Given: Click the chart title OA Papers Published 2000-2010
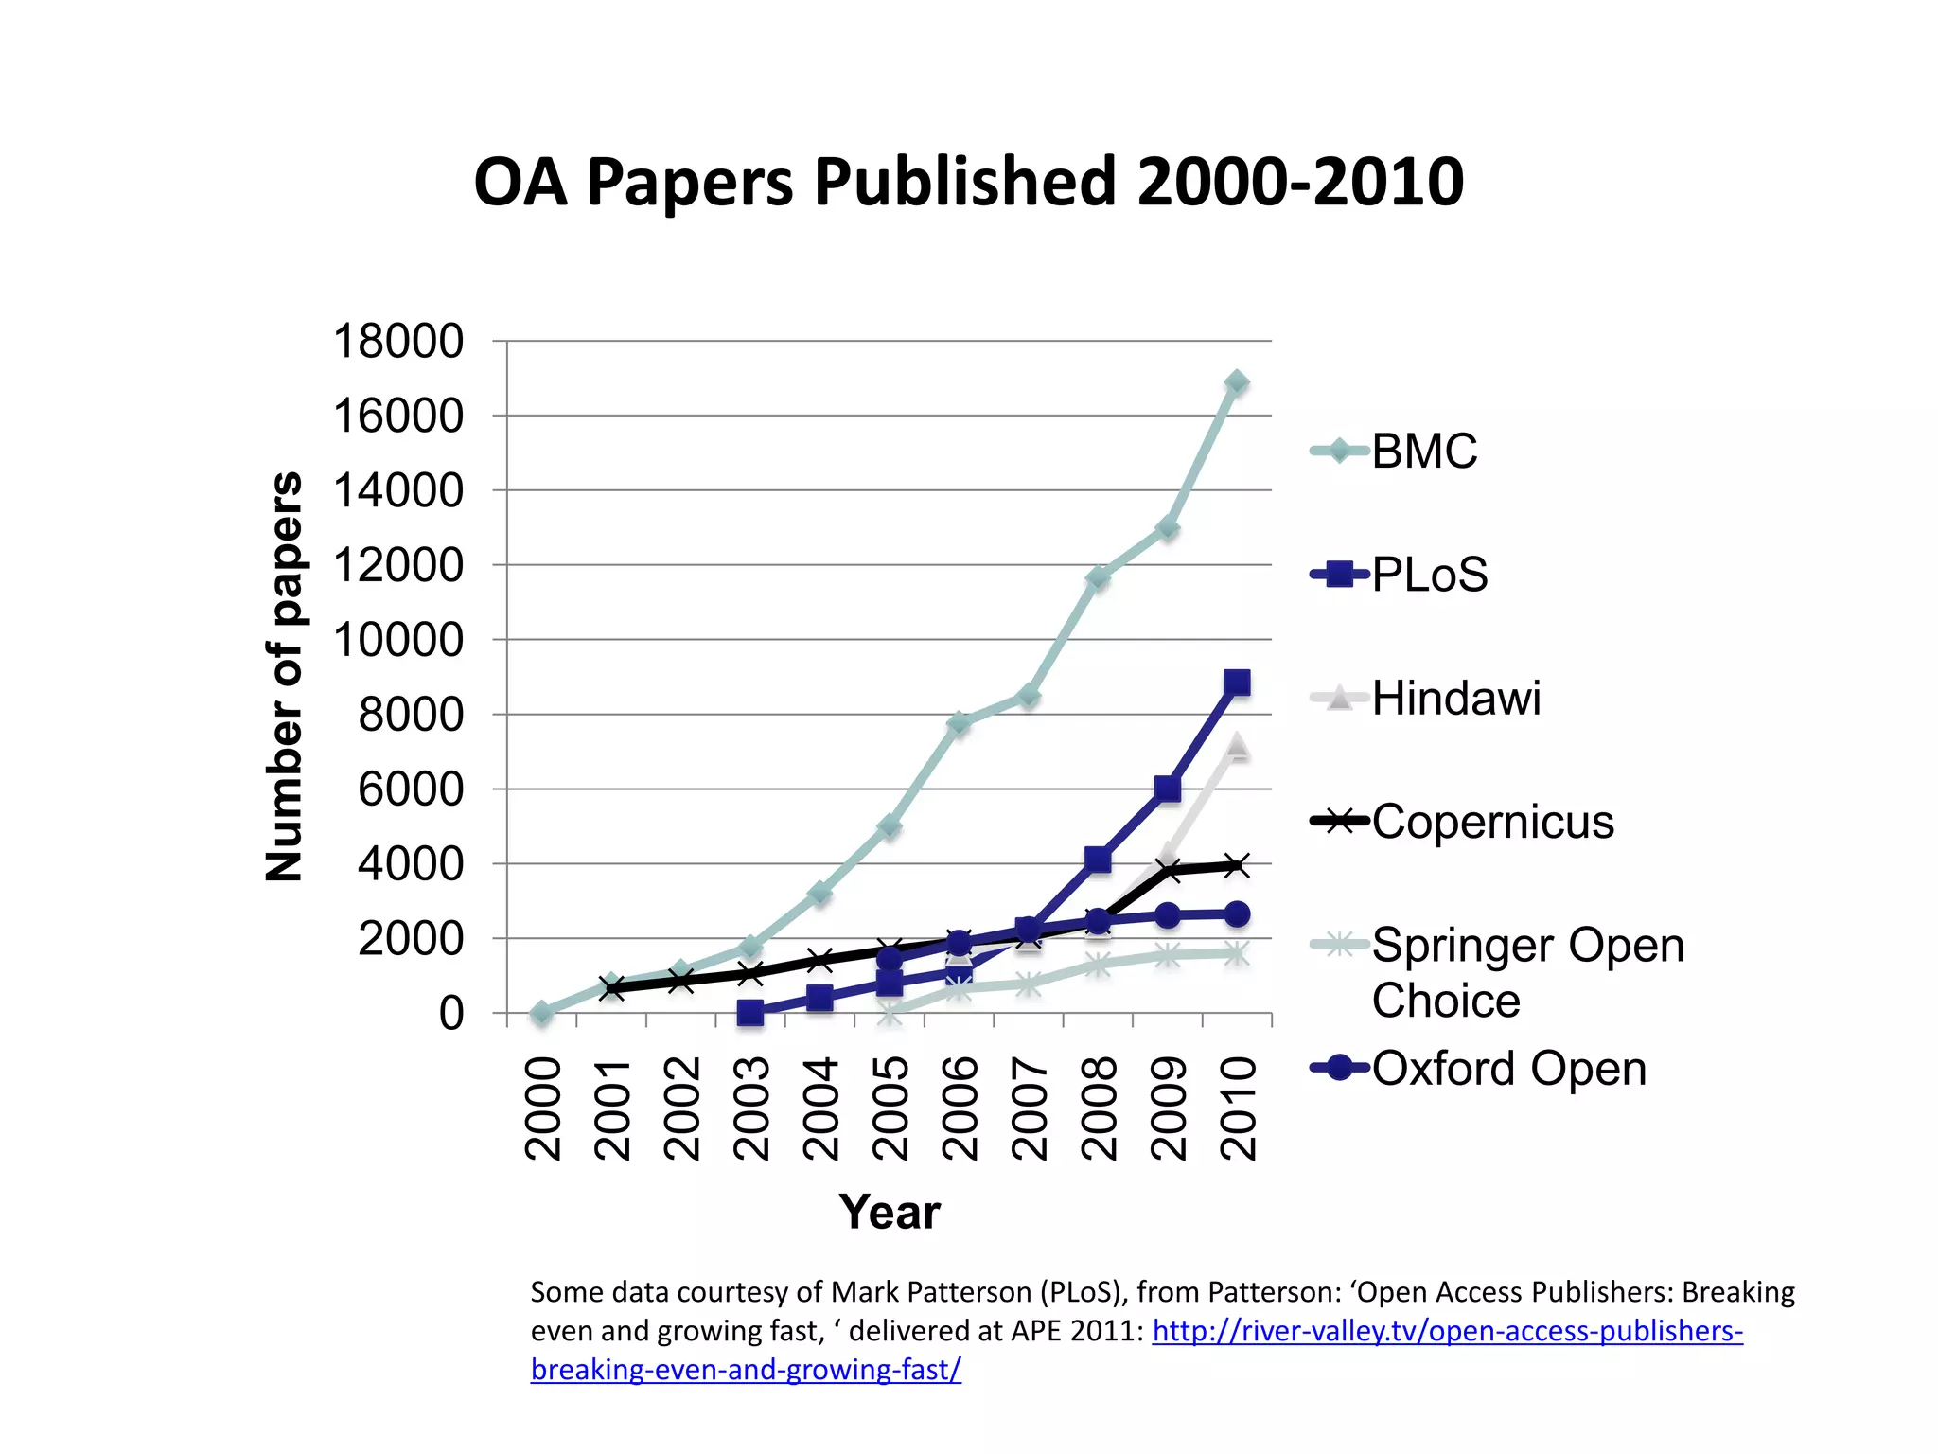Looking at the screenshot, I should coord(968,182).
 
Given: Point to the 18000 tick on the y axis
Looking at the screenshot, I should coord(398,341).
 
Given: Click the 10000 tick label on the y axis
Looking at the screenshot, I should coord(398,640).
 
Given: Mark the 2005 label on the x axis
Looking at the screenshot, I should coord(890,1108).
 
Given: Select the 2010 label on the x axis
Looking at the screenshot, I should coord(1238,1108).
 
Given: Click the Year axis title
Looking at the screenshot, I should coord(890,1212).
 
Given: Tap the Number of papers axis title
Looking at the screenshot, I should coord(284,676).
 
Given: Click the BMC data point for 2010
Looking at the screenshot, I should coord(1237,382).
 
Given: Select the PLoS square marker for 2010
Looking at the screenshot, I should coord(1237,683).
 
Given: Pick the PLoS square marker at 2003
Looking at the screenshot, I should coord(750,1013).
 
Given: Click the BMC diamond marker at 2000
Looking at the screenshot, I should coord(541,1013).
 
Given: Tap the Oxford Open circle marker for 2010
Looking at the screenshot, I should coord(1237,914).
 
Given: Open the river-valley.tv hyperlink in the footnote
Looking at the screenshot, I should coord(1447,1331).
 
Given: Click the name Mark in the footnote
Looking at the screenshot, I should coord(860,1292).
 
